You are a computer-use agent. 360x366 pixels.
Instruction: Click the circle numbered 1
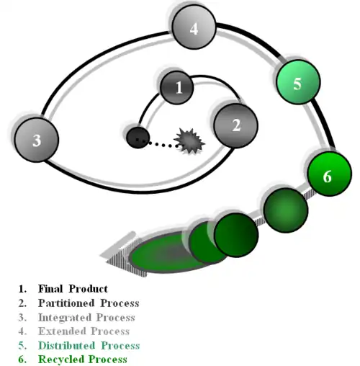pyautogui.click(x=176, y=87)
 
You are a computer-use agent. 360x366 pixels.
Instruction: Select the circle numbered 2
pyautogui.click(x=236, y=126)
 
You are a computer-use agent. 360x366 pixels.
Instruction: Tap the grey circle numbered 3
pyautogui.click(x=37, y=140)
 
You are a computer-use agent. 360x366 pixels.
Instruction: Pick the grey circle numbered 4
pyautogui.click(x=194, y=27)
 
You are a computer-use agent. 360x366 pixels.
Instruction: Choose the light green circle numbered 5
pyautogui.click(x=298, y=82)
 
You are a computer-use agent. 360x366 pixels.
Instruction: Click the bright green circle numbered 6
pyautogui.click(x=330, y=174)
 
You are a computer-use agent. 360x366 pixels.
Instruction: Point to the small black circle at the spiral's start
pyautogui.click(x=138, y=138)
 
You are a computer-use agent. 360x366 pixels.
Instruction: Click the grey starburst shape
pyautogui.click(x=189, y=141)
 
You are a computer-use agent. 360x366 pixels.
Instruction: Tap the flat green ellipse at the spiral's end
pyautogui.click(x=168, y=252)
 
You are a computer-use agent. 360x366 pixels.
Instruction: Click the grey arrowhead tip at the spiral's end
pyautogui.click(x=100, y=256)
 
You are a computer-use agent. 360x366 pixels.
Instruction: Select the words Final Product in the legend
pyautogui.click(x=73, y=289)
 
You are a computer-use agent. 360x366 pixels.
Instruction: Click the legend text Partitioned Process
pyautogui.click(x=89, y=303)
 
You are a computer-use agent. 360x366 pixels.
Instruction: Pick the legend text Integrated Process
pyautogui.click(x=86, y=317)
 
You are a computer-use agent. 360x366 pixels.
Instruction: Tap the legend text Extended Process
pyautogui.click(x=84, y=331)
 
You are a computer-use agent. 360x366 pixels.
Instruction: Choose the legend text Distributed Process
pyautogui.click(x=89, y=345)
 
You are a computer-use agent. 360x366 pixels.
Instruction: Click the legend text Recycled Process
pyautogui.click(x=83, y=360)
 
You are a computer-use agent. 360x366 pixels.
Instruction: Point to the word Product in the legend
pyautogui.click(x=89, y=289)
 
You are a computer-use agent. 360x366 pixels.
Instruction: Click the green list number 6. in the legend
pyautogui.click(x=22, y=360)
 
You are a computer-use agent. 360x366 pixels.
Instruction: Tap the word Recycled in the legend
pyautogui.click(x=61, y=360)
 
